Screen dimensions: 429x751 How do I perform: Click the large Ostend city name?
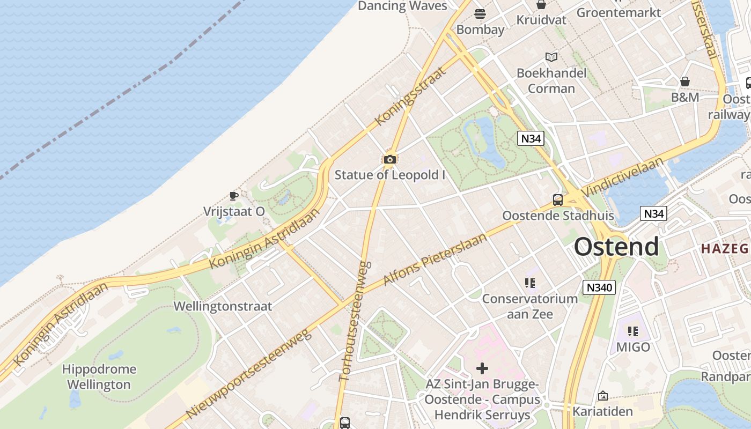click(616, 247)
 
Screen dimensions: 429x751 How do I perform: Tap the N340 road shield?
click(599, 287)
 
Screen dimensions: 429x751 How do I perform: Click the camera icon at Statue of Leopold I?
click(390, 159)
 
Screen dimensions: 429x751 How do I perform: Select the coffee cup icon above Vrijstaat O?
click(233, 196)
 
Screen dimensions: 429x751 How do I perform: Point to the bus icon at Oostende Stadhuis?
click(558, 200)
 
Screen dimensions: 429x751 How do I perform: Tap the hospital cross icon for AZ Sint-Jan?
click(482, 368)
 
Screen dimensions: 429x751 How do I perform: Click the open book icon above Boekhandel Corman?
click(551, 57)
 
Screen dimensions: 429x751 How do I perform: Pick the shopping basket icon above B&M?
click(685, 82)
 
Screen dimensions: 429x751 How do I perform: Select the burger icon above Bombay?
click(480, 13)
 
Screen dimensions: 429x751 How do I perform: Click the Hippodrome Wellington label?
click(99, 377)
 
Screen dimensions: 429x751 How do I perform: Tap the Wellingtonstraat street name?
click(223, 307)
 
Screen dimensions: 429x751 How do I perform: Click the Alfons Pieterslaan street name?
click(435, 260)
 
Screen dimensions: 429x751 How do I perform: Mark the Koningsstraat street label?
click(411, 97)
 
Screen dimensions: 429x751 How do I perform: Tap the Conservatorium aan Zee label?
click(530, 306)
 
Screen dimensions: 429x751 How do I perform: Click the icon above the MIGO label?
click(633, 331)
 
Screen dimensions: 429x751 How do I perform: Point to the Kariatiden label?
click(603, 412)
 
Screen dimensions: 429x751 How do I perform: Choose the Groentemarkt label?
click(619, 12)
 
